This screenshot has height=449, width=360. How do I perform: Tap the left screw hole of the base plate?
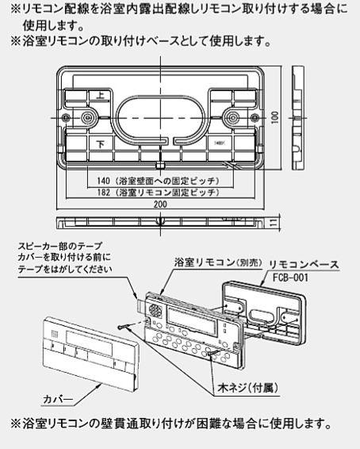(86, 118)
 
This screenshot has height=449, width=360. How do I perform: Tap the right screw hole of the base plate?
(232, 118)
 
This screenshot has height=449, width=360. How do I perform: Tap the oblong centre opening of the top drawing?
(159, 114)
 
